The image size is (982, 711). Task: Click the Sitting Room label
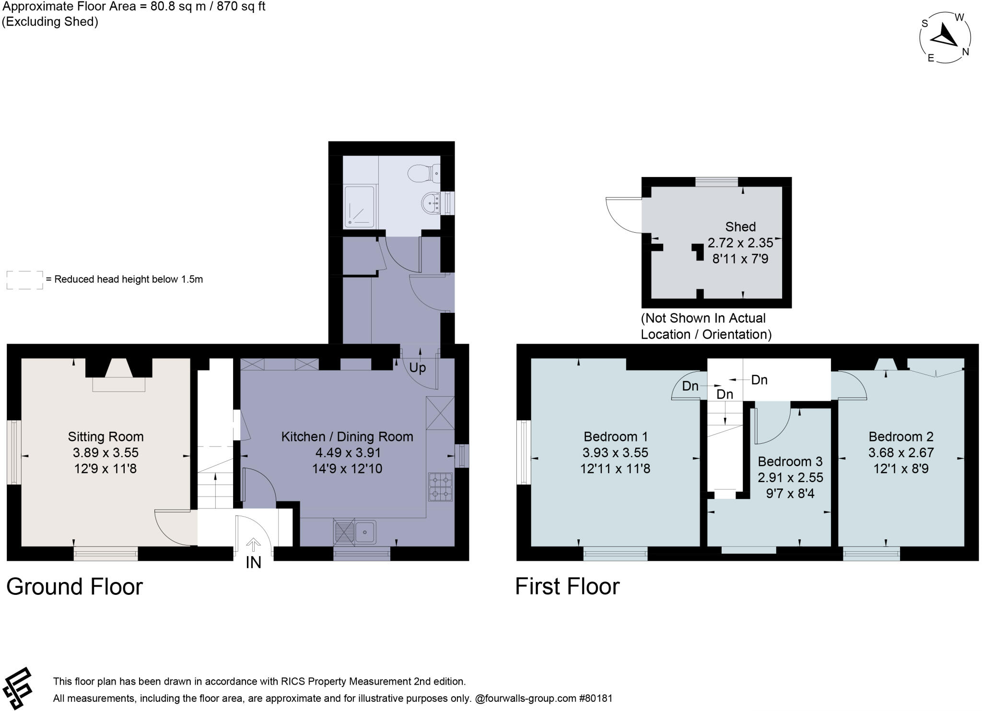click(x=105, y=437)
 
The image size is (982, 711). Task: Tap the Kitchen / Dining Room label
click(x=347, y=437)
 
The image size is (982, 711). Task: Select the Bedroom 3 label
click(x=790, y=462)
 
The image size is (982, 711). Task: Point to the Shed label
click(x=740, y=226)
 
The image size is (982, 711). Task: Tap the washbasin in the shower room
click(x=431, y=203)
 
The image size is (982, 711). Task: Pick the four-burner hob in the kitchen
click(x=441, y=487)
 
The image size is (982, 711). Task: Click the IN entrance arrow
click(x=253, y=544)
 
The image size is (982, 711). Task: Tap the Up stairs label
click(x=418, y=368)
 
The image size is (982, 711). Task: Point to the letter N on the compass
click(x=966, y=52)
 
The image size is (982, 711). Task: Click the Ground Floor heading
click(x=74, y=586)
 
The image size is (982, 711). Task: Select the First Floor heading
click(x=567, y=586)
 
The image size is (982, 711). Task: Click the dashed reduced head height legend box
click(x=25, y=280)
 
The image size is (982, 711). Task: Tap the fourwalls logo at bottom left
click(x=17, y=688)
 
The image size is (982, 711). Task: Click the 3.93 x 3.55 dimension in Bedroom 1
click(x=615, y=452)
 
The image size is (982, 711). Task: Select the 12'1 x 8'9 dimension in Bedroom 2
click(x=901, y=468)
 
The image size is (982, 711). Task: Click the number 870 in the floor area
click(x=227, y=6)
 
